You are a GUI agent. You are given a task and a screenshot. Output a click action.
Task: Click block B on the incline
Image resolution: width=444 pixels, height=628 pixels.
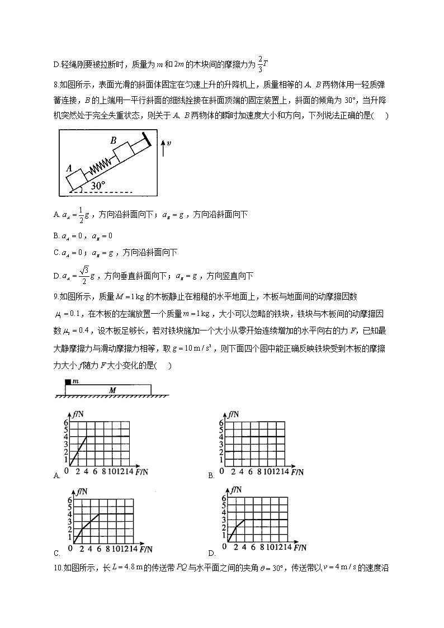coord(124,151)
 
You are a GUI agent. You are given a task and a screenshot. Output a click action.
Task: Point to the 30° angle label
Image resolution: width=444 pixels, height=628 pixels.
coord(98,185)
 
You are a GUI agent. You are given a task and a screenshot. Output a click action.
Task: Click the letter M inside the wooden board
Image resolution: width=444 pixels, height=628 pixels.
coord(112,390)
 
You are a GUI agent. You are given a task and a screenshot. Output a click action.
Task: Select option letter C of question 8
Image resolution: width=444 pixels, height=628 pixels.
coord(56,253)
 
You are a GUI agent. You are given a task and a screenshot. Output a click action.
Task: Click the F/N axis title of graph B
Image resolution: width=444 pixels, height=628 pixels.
coord(295,473)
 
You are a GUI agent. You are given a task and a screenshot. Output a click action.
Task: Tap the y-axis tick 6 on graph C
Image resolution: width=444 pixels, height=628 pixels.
coord(70,499)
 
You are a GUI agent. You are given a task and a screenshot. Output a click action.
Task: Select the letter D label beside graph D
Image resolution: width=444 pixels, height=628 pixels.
coord(212,553)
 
